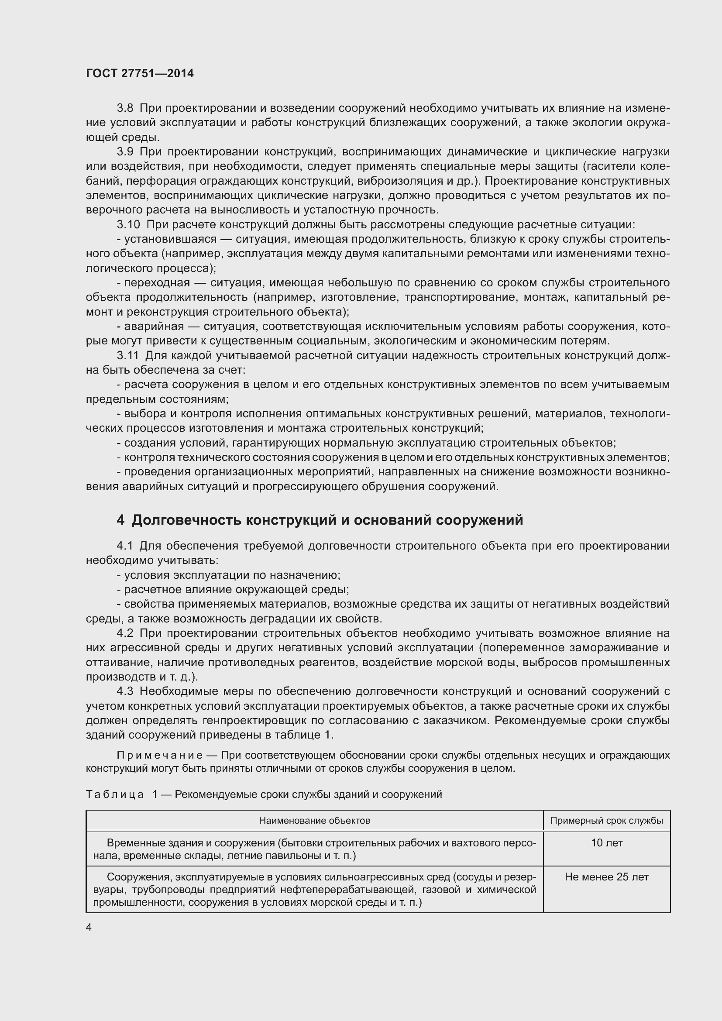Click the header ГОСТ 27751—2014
click(140, 74)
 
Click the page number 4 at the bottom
click(89, 928)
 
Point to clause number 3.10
click(128, 224)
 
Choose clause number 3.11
click(128, 355)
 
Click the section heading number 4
click(120, 520)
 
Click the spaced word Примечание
click(160, 755)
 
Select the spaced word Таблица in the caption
click(115, 794)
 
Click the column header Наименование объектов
click(314, 821)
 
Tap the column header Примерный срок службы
click(606, 821)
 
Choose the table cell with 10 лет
click(606, 842)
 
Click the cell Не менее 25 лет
click(606, 877)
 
